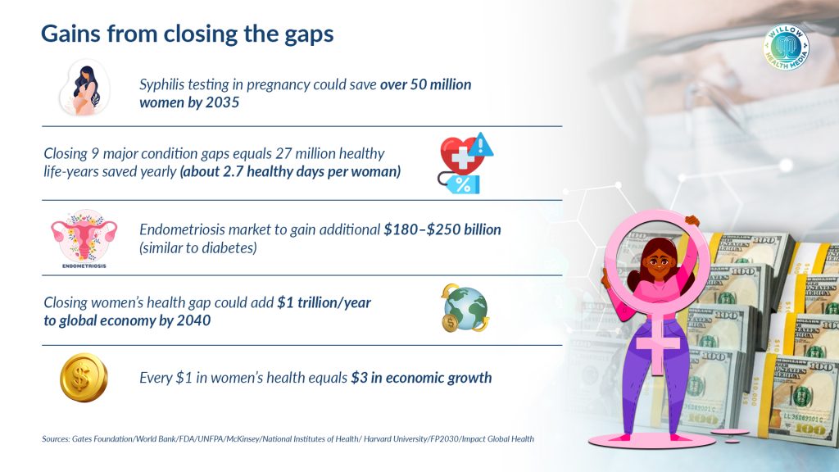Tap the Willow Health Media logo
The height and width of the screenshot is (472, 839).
(786, 47)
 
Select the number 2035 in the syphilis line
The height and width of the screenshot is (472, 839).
(221, 102)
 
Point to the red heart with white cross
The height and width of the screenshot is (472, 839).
(460, 155)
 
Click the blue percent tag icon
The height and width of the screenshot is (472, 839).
(461, 184)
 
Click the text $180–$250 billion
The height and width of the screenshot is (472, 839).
(442, 229)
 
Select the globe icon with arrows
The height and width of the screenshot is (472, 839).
(465, 308)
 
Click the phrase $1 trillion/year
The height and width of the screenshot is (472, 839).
(324, 303)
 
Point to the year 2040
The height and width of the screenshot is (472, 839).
(193, 320)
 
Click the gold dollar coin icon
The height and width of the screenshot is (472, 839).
(84, 377)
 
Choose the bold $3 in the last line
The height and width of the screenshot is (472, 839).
(359, 378)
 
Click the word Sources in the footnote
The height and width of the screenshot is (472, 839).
(57, 439)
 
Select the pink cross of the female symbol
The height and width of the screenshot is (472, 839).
(658, 343)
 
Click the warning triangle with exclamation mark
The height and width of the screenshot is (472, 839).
(481, 144)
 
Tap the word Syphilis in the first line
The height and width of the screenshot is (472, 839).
(160, 84)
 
